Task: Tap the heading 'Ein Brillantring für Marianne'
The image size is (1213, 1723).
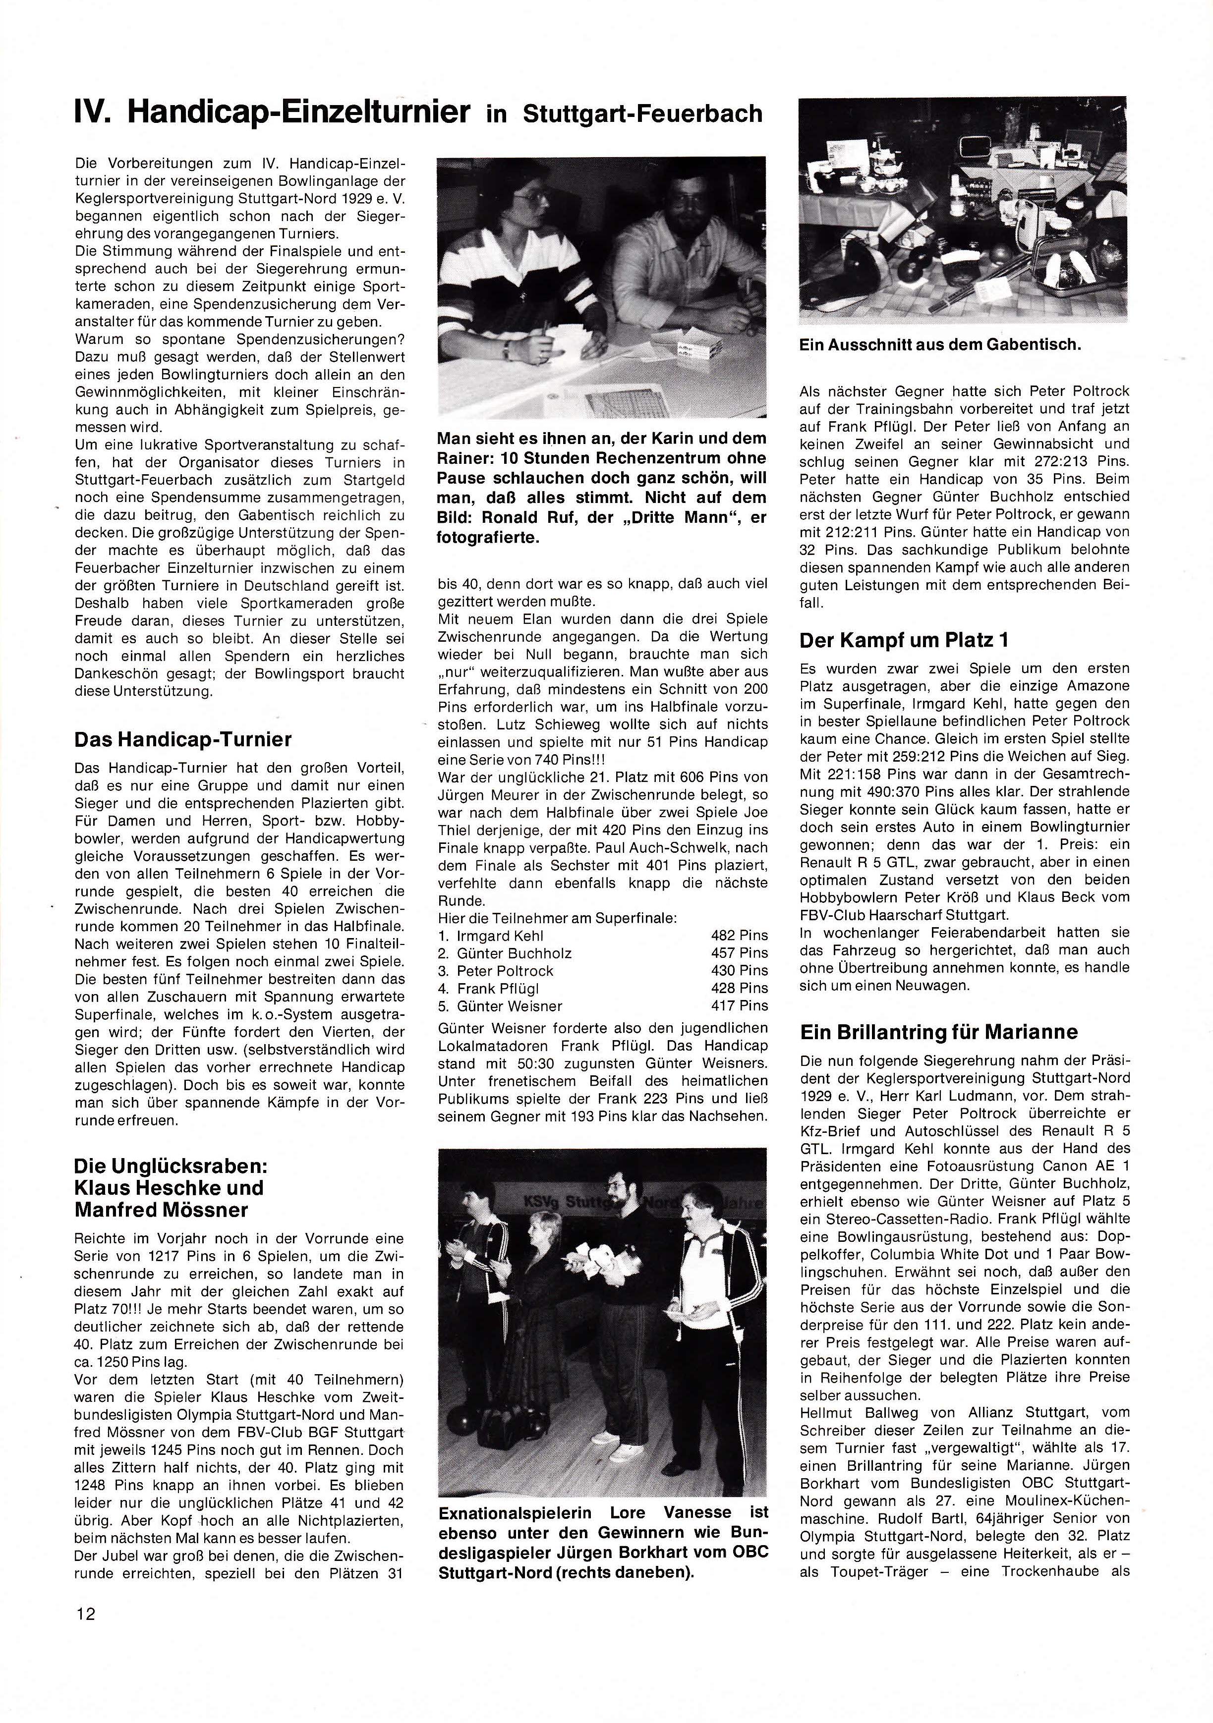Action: pos(938,1032)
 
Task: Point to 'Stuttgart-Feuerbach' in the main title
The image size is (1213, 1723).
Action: pos(642,114)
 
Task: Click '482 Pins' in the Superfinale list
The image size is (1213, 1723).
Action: pos(740,935)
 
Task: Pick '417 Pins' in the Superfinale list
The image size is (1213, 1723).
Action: pos(740,1005)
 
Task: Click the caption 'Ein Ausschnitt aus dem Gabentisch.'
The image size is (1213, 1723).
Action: pos(940,345)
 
